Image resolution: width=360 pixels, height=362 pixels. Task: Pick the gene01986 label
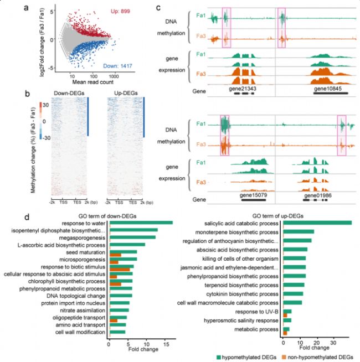[x=316, y=195]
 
